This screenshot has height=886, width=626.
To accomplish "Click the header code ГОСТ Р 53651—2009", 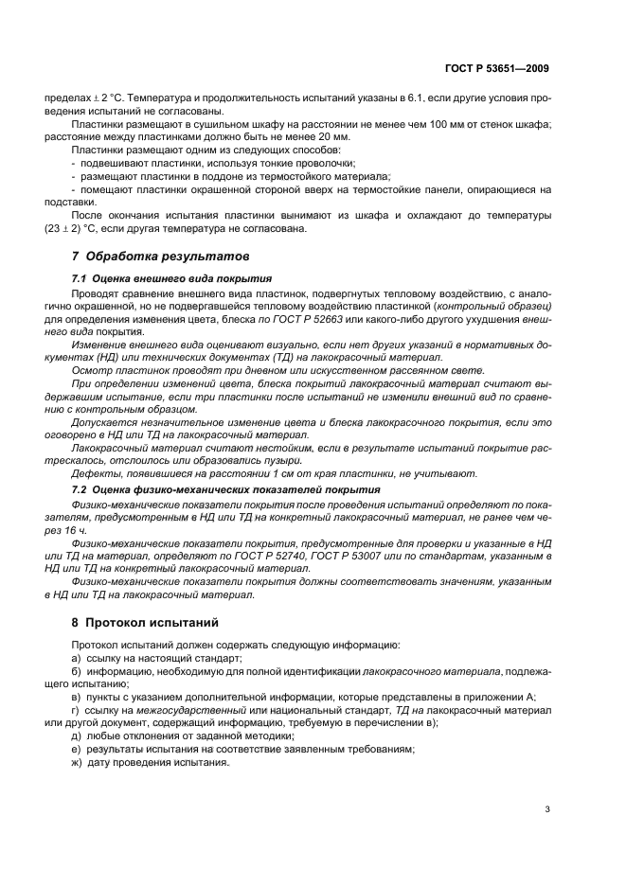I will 496,68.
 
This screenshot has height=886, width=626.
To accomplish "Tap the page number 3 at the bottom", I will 547,809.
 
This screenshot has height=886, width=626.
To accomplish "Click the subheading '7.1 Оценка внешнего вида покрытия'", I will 172,280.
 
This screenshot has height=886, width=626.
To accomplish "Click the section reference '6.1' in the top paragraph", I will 389,98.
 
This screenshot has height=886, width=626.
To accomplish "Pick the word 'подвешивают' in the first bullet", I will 115,164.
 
